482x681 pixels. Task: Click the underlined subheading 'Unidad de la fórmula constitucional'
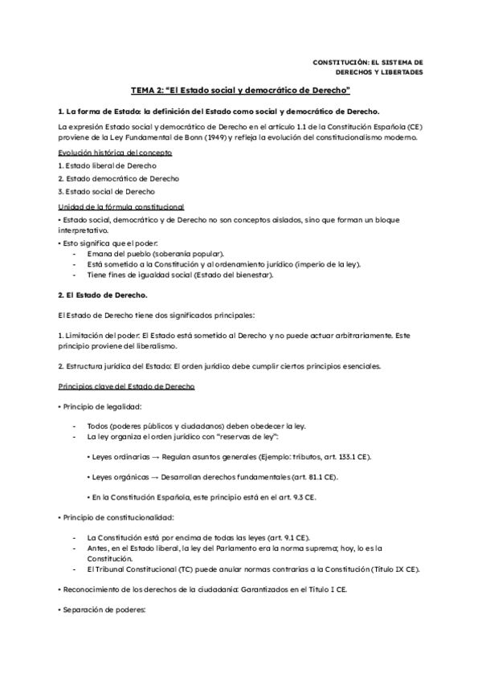121,206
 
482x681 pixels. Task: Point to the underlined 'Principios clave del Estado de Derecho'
126,386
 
